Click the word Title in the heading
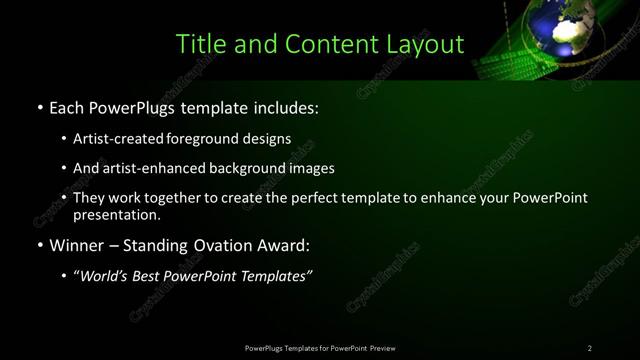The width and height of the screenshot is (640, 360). (x=198, y=44)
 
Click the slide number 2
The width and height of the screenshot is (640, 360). (x=590, y=348)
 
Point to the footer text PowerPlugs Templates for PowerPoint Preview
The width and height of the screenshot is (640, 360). (x=319, y=348)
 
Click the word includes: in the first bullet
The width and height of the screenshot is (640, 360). (x=287, y=106)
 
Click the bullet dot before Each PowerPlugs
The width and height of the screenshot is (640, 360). (x=39, y=107)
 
